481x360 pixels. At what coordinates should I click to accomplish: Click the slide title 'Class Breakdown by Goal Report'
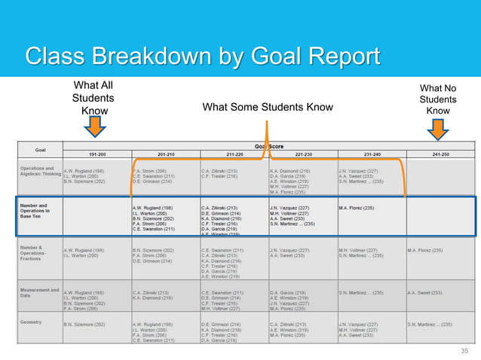click(202, 56)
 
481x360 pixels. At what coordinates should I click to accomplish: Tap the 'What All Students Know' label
click(93, 99)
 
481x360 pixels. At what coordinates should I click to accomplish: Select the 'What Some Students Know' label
click(268, 108)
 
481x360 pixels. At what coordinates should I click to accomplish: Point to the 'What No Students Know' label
click(437, 100)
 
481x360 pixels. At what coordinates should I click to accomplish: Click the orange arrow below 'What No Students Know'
click(437, 131)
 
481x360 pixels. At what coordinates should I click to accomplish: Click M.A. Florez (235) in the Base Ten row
click(357, 208)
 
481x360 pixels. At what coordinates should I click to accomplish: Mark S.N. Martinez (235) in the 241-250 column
click(430, 325)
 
